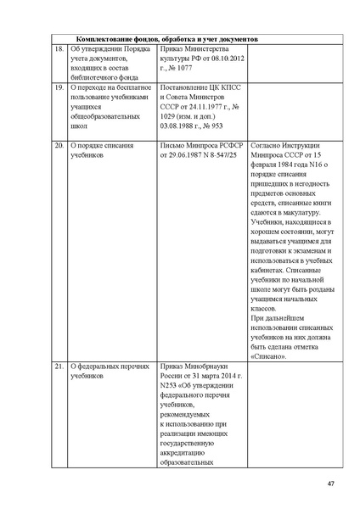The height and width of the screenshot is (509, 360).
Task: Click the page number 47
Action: (x=330, y=484)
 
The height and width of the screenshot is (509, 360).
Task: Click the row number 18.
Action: (x=58, y=49)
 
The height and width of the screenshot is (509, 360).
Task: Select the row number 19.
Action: (x=58, y=87)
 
